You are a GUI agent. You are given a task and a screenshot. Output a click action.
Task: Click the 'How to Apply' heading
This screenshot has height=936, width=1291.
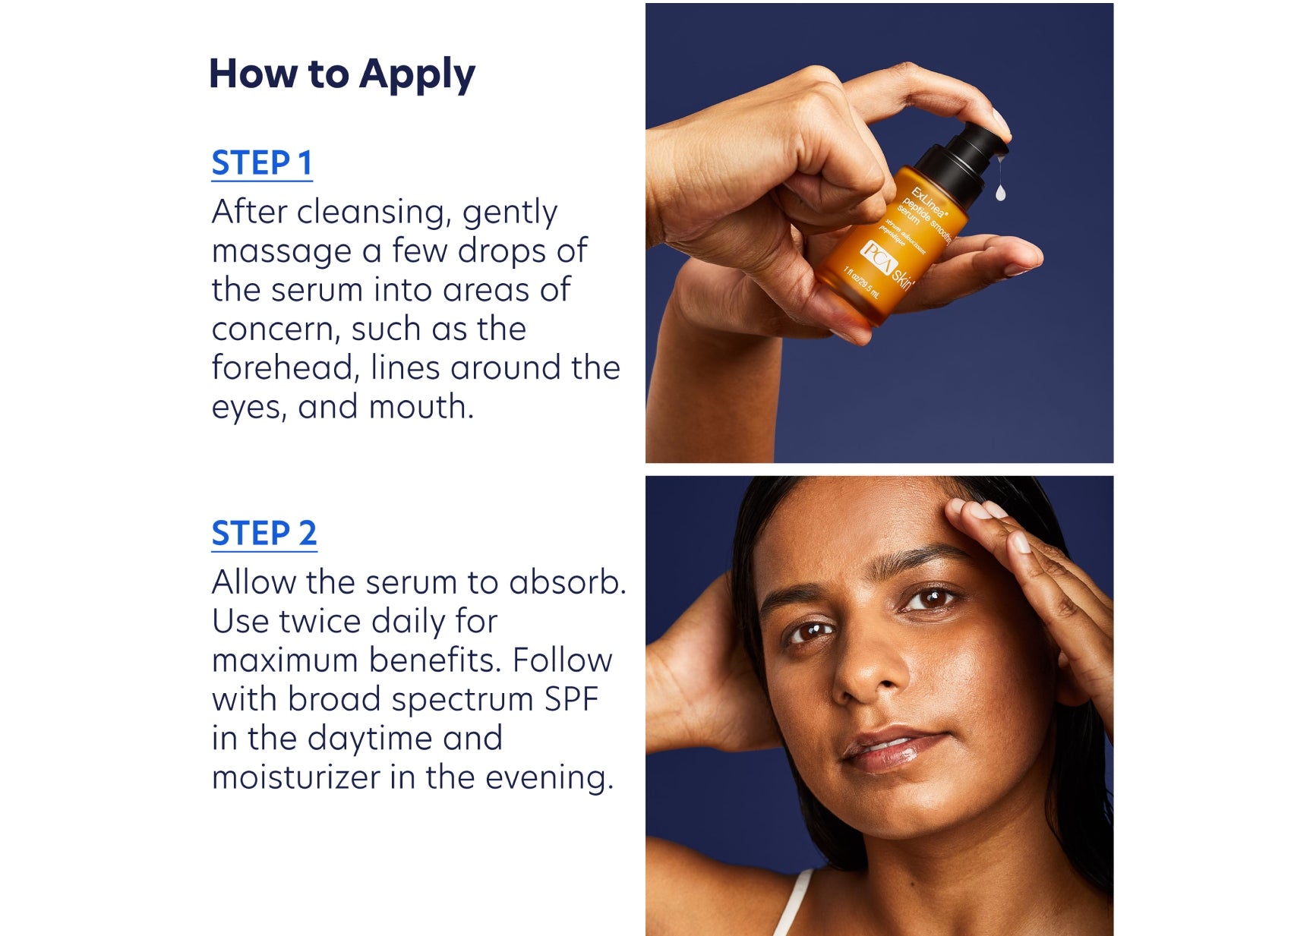[x=342, y=75]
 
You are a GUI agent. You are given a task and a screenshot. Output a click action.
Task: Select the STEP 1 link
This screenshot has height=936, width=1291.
[x=262, y=163]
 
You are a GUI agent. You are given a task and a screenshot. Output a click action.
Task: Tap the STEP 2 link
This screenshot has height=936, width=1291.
[x=264, y=534]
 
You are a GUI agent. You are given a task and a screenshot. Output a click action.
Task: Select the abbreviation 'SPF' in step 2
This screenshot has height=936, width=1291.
[x=572, y=699]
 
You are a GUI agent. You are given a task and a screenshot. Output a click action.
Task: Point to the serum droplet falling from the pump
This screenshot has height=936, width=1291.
[x=1001, y=191]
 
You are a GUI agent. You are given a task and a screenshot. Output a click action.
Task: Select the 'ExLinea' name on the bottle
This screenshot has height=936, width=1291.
[x=929, y=202]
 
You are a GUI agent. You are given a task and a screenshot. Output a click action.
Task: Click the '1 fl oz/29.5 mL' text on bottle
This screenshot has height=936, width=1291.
[x=862, y=282]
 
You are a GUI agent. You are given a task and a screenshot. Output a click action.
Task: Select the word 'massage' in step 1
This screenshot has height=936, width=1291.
[x=282, y=253]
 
